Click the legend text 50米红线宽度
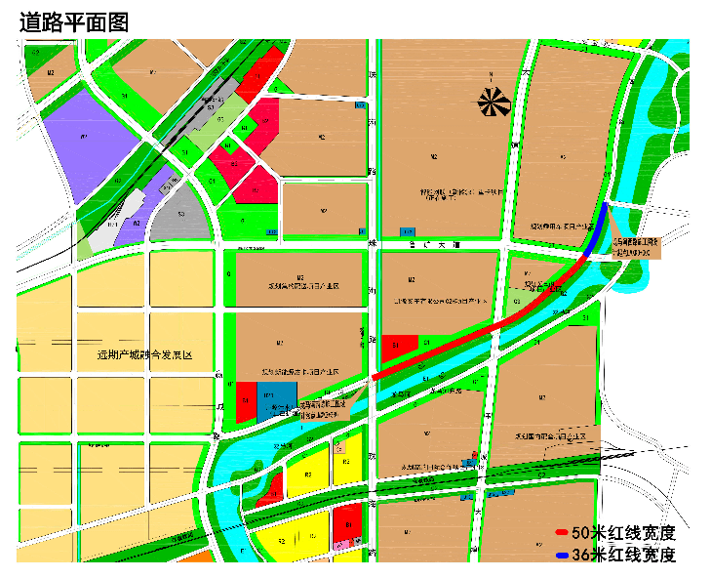click(x=623, y=533)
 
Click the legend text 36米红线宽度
click(x=623, y=555)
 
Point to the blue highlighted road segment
click(x=596, y=230)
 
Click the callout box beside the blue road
click(x=635, y=246)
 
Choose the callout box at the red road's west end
click(x=322, y=409)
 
